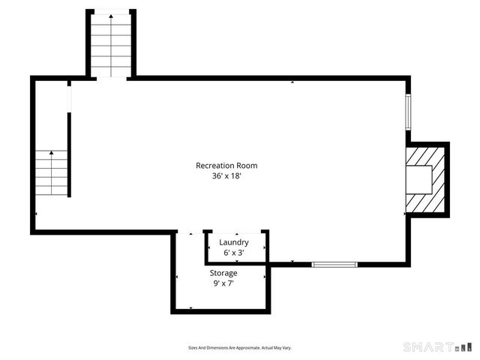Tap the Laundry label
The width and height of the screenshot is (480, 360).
click(234, 242)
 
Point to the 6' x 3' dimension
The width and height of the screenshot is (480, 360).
click(234, 253)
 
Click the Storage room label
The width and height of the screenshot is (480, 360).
click(223, 273)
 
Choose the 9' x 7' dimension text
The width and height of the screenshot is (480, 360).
click(223, 284)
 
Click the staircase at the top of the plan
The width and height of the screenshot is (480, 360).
click(111, 45)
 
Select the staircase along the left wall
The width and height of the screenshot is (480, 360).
click(51, 172)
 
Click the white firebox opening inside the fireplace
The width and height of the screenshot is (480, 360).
click(418, 178)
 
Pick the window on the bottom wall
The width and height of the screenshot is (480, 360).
click(334, 264)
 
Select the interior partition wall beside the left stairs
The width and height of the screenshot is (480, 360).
click(70, 154)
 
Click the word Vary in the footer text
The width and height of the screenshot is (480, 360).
click(286, 348)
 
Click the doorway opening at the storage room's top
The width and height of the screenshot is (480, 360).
click(190, 233)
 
